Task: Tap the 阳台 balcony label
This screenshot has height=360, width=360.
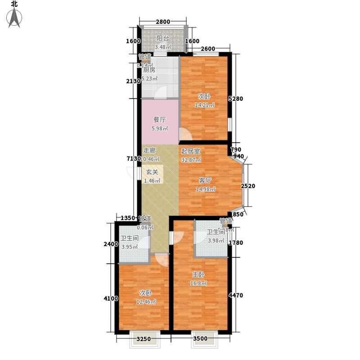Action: click(162, 39)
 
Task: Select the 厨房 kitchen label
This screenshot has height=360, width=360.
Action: click(149, 70)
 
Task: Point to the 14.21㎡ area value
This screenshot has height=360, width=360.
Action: click(204, 105)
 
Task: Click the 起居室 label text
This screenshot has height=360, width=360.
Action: click(190, 152)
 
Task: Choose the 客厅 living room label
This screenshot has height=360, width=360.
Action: click(206, 180)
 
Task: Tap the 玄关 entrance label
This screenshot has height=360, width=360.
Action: click(152, 171)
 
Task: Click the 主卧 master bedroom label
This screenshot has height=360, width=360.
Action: click(198, 275)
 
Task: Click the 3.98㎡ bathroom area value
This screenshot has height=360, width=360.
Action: click(215, 241)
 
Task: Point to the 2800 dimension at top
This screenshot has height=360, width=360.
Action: click(163, 22)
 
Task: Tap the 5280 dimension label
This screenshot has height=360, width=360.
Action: click(237, 99)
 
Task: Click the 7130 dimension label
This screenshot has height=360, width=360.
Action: click(133, 158)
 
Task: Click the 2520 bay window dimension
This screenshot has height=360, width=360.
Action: click(248, 186)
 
